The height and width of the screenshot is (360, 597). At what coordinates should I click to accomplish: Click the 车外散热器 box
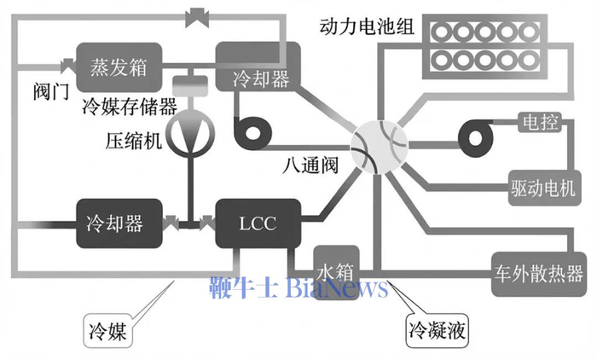538,273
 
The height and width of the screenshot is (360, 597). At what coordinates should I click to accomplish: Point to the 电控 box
538,123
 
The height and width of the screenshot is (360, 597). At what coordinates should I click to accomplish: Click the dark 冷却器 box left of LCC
113,224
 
